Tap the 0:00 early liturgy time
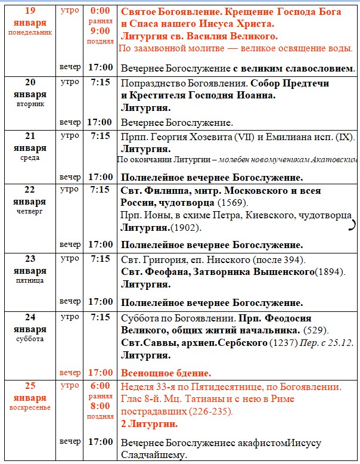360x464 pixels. pos(100,11)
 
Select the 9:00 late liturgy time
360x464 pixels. pos(100,30)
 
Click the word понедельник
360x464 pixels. pos(30,32)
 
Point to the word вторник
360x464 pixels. pos(30,104)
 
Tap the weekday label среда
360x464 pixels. pos(30,158)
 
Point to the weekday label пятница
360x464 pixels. pos(30,280)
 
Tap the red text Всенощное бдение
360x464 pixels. pos(166,373)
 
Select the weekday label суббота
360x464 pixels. pos(30,339)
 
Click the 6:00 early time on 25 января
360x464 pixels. pos(100,386)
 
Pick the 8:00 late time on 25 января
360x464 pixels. pos(100,406)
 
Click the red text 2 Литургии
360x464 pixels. pos(149,424)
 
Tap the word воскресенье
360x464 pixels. pos(30,408)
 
